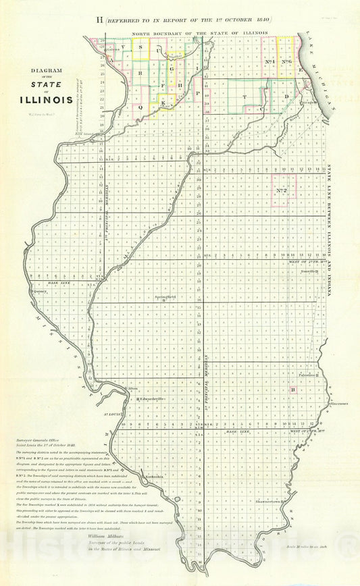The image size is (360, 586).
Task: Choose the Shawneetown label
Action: pyautogui.click(x=272, y=502)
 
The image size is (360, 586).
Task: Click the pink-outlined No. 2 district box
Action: pyautogui.click(x=284, y=190)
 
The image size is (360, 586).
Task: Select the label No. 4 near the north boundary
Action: pyautogui.click(x=268, y=62)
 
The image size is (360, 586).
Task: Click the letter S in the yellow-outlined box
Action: pyautogui.click(x=140, y=49)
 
